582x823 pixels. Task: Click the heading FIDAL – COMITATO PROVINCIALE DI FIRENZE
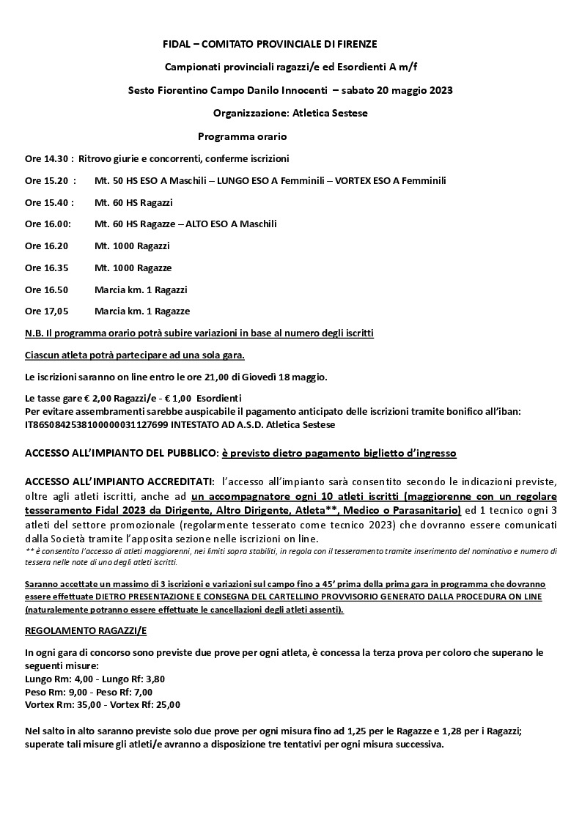[270, 45]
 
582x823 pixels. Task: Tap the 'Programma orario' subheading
[242, 137]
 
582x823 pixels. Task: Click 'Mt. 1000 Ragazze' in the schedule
[133, 267]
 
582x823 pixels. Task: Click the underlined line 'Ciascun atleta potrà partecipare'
[135, 355]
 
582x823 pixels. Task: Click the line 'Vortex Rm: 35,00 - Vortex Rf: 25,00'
[103, 705]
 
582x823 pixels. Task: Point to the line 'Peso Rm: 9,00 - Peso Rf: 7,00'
[89, 692]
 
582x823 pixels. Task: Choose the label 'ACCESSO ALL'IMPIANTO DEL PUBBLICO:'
[122, 454]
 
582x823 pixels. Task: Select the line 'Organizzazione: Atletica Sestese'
[290, 114]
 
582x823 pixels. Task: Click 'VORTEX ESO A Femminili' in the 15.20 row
[390, 180]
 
